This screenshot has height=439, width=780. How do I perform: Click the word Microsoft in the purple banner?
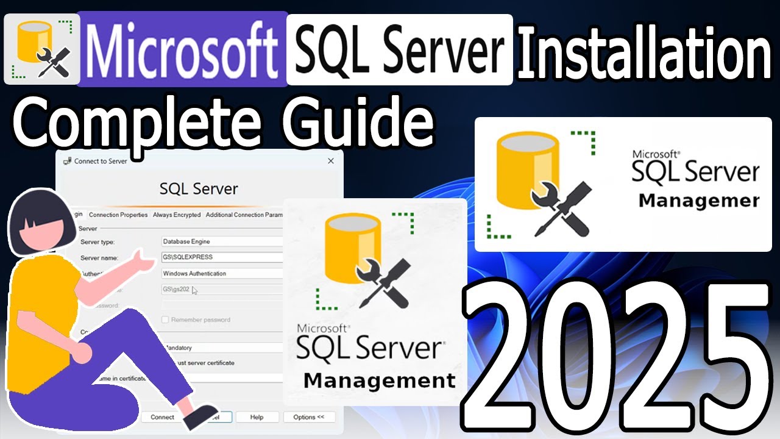182,49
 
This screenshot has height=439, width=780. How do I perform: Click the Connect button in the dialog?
162,417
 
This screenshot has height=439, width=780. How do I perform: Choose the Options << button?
308,417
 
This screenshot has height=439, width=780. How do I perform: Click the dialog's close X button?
331,161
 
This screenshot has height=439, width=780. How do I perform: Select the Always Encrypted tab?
176,215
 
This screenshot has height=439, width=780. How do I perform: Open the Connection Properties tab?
118,215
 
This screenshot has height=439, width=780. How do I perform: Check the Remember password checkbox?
165,319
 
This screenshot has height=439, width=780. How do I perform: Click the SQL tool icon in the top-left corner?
40,49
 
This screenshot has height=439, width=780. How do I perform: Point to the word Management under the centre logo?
379,381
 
